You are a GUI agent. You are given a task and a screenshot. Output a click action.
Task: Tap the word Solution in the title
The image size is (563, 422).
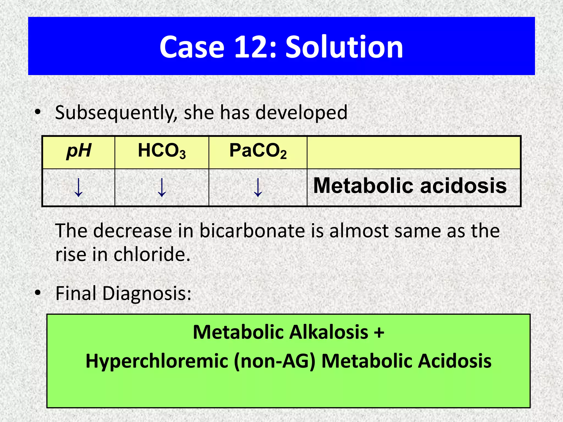[344, 47]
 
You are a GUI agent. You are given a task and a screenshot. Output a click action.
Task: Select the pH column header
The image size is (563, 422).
[79, 151]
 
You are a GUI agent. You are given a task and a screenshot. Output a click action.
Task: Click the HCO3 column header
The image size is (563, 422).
[162, 151]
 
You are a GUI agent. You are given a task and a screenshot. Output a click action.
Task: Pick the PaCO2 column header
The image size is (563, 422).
[258, 151]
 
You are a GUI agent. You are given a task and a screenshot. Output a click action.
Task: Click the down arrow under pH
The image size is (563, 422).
[79, 187]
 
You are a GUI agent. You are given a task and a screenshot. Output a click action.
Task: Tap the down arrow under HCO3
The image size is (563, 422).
[162, 187]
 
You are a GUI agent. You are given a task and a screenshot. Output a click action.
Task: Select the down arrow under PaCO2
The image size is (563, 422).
[258, 187]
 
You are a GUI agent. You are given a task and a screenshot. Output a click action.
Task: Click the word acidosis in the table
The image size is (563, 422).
[463, 186]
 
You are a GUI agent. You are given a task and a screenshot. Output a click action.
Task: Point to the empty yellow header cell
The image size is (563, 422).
[414, 152]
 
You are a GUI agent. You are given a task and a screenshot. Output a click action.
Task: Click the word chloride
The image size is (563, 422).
[152, 254]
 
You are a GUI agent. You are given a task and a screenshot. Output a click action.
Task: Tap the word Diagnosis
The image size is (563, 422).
[147, 293]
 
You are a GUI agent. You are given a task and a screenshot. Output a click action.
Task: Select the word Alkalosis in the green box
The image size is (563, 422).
[329, 332]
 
